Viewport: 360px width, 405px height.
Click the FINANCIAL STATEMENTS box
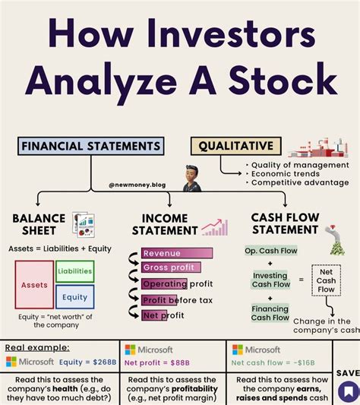90,146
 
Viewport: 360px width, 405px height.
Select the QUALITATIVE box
235,146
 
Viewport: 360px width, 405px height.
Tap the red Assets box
34,285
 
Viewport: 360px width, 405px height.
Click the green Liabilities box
74,271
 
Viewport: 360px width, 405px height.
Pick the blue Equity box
74,297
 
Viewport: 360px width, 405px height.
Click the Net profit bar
163,315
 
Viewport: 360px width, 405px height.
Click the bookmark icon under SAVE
348,391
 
